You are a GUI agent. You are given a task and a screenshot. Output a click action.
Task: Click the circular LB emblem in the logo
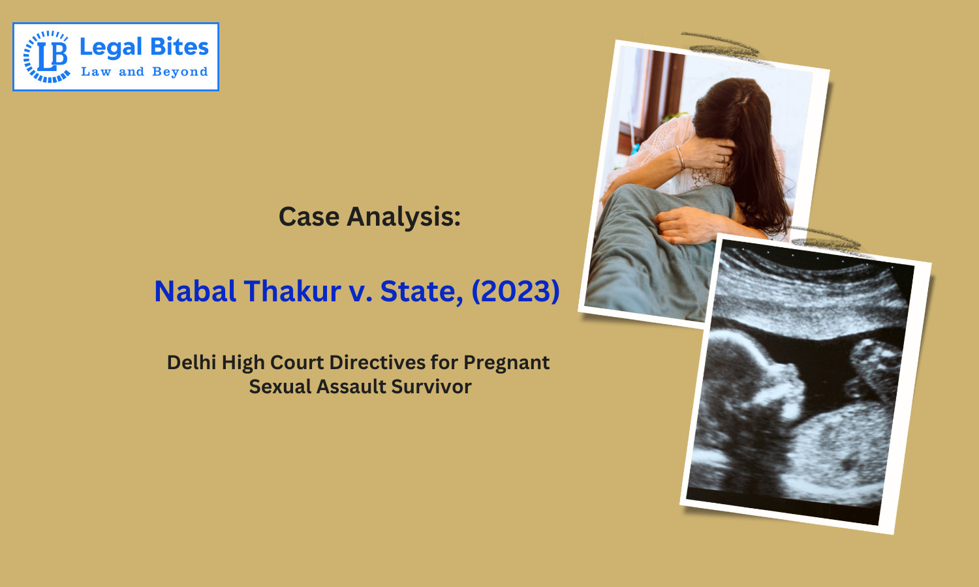point(46,57)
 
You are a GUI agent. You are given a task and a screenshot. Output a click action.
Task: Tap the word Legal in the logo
point(110,48)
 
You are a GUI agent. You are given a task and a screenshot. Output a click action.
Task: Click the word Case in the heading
point(309,217)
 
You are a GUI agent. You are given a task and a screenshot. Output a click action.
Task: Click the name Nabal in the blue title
point(194,291)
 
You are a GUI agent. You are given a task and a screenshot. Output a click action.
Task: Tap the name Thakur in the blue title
point(293,291)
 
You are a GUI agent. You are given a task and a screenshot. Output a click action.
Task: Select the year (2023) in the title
point(516,291)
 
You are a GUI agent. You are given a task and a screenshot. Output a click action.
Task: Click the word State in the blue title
point(421,291)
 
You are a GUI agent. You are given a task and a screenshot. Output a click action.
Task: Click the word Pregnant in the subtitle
point(506,363)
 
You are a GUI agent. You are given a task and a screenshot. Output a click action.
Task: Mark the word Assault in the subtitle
point(352,387)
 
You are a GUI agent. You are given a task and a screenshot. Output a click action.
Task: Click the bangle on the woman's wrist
point(680,157)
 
